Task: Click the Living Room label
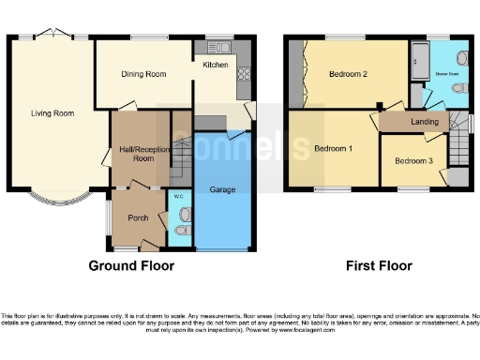(x=51, y=113)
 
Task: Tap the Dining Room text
(x=143, y=74)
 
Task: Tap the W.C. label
(x=178, y=196)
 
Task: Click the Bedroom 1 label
(x=333, y=148)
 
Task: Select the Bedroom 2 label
(x=347, y=73)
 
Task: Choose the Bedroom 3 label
(x=413, y=160)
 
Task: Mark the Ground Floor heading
(x=131, y=265)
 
